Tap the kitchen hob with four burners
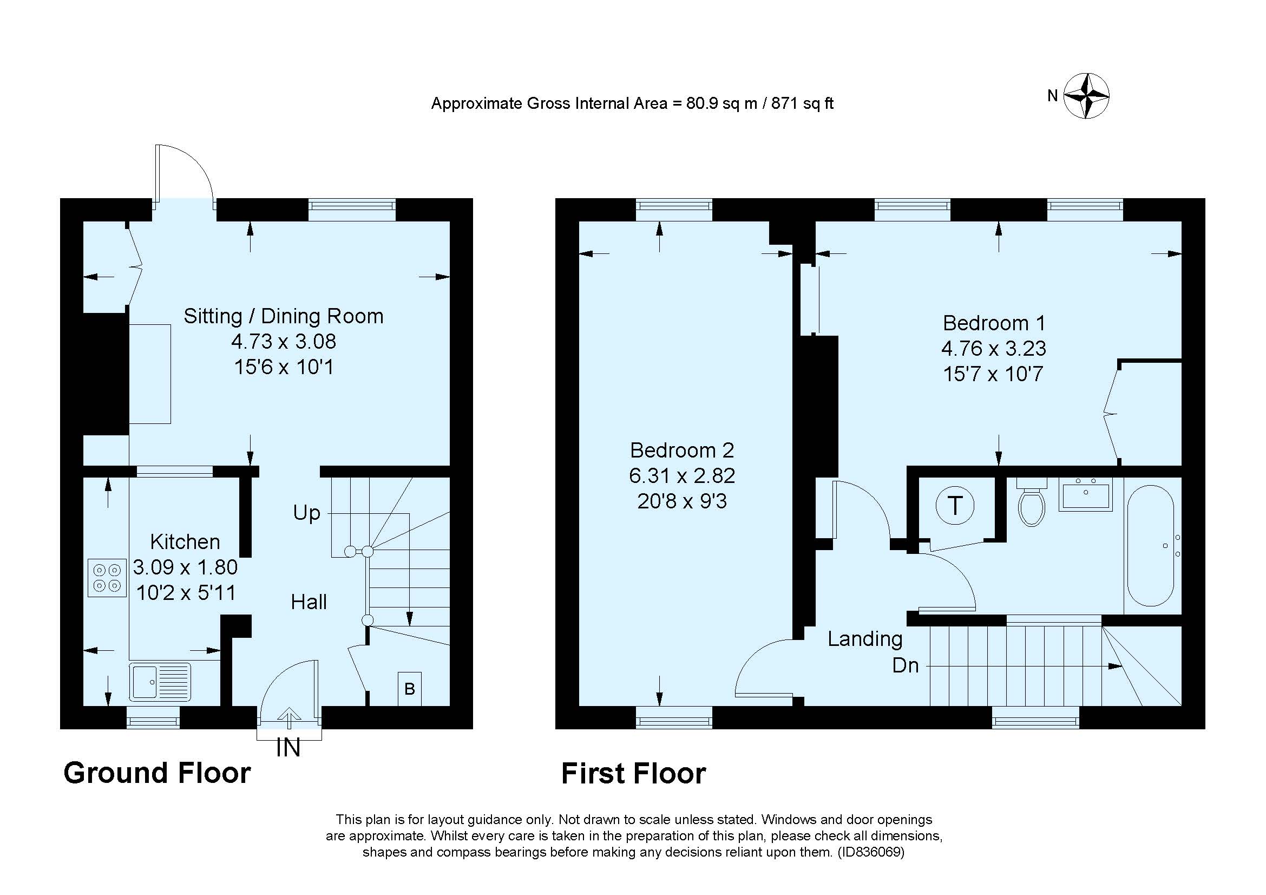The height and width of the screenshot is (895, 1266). point(107,577)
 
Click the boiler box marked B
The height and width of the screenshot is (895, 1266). point(409,689)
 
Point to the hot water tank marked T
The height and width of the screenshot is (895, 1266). point(955,505)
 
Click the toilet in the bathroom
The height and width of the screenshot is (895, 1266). point(1032,505)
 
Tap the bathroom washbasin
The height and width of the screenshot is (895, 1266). point(1085,494)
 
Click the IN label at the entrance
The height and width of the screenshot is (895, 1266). point(288,748)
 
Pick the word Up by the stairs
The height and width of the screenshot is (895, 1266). point(306,513)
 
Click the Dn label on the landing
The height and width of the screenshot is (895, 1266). point(906,665)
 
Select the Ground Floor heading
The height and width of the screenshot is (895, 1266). point(157,773)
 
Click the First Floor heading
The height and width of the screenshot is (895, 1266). point(633,774)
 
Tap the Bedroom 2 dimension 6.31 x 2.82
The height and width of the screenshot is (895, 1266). point(682,475)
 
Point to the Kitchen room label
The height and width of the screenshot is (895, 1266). point(185,542)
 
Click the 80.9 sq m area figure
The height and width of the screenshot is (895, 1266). point(721,103)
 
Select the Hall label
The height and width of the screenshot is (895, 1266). point(309,602)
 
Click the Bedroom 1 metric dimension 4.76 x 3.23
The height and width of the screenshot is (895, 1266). point(993,349)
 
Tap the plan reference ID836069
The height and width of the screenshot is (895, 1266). point(871,852)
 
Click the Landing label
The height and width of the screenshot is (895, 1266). point(864,638)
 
